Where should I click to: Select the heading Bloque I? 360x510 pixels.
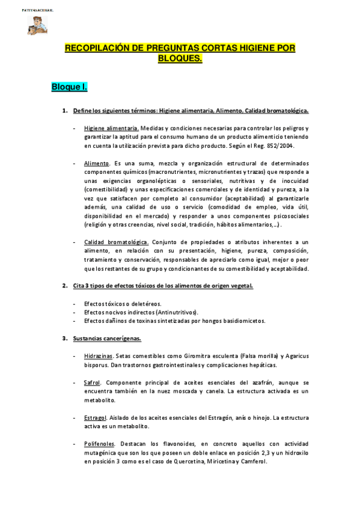click(x=69, y=88)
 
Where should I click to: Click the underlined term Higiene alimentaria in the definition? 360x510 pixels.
click(x=112, y=128)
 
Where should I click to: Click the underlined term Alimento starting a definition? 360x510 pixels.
click(x=96, y=164)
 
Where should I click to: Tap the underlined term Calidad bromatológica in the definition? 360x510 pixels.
click(x=117, y=242)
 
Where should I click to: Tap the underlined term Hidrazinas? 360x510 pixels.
click(x=99, y=356)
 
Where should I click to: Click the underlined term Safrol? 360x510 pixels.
click(x=93, y=382)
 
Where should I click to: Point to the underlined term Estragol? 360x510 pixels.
click(x=96, y=417)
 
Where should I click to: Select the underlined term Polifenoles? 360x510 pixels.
click(x=99, y=444)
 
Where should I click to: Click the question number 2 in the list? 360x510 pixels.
click(x=64, y=286)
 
